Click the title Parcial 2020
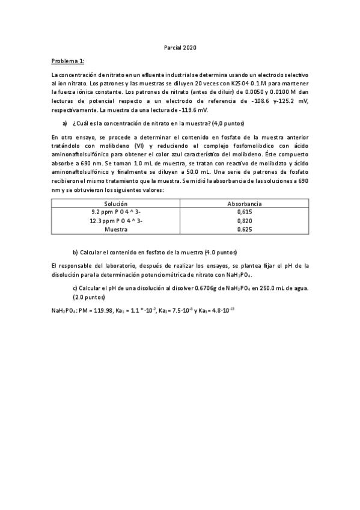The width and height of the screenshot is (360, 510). pyautogui.click(x=180, y=48)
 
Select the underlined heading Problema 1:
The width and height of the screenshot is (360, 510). pyautogui.click(x=68, y=61)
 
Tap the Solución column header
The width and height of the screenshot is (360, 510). pyautogui.click(x=116, y=204)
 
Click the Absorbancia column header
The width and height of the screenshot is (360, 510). pyautogui.click(x=244, y=204)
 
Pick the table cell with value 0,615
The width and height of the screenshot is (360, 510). pyautogui.click(x=244, y=212)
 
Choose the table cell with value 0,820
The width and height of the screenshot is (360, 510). pyautogui.click(x=244, y=221)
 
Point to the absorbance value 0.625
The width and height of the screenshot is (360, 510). pyautogui.click(x=244, y=229)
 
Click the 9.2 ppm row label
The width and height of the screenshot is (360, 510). pyautogui.click(x=116, y=212)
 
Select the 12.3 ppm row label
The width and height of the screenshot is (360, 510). pyautogui.click(x=116, y=221)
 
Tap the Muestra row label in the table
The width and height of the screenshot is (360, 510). pyautogui.click(x=116, y=229)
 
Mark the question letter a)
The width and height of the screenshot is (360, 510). pyautogui.click(x=64, y=124)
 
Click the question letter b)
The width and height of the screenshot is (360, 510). pyautogui.click(x=75, y=251)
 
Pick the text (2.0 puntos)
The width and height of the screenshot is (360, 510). pyautogui.click(x=89, y=297)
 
